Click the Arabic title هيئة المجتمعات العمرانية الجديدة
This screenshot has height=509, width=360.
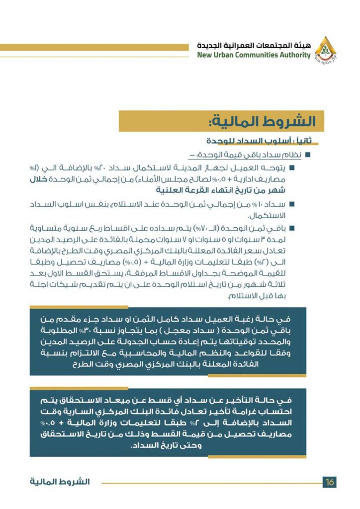[253, 46]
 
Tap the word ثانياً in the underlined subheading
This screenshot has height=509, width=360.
[298, 141]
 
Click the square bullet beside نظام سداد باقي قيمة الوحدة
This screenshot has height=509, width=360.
[308, 156]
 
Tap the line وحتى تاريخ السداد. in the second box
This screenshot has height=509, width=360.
[170, 445]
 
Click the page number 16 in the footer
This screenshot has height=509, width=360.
[329, 482]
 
